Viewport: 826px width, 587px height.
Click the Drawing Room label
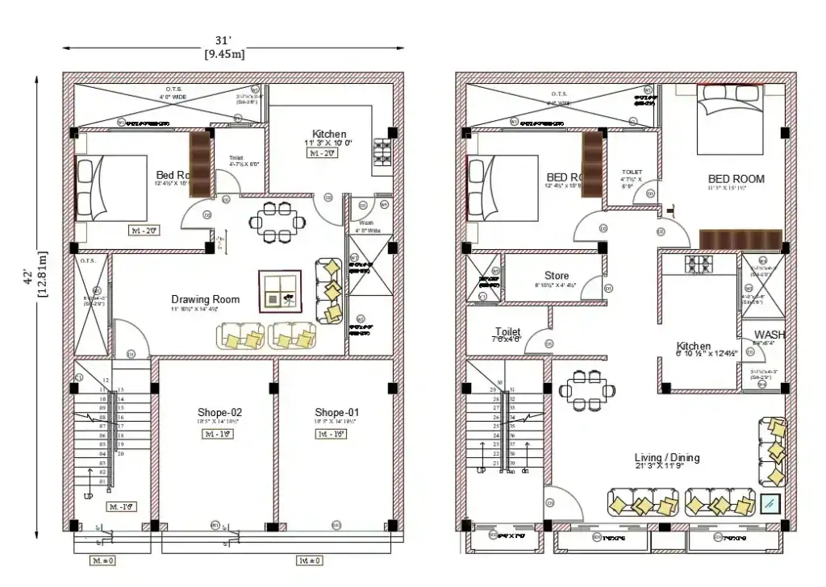194,299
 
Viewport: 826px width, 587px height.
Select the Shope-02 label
219,412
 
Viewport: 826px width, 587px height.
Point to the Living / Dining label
666,458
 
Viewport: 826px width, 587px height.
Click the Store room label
556,276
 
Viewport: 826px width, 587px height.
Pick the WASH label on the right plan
770,335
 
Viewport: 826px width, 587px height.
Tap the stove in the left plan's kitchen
382,152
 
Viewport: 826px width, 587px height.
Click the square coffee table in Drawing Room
279,291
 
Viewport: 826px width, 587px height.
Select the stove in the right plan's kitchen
699,264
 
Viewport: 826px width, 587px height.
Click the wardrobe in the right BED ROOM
740,239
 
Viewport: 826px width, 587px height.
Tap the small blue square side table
770,504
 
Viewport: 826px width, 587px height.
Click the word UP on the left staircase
88,497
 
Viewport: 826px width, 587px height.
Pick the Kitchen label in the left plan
329,134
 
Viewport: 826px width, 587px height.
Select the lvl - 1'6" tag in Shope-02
219,434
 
